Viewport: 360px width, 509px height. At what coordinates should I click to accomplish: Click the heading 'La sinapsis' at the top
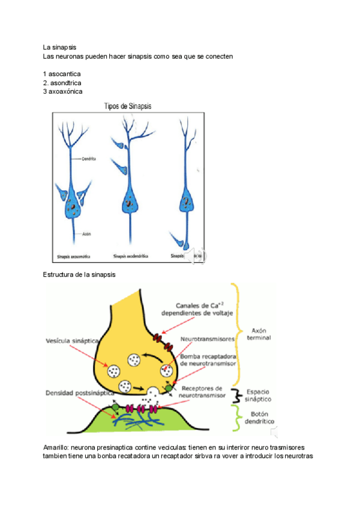[59, 47]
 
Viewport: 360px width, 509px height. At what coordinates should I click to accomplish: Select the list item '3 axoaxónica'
[63, 91]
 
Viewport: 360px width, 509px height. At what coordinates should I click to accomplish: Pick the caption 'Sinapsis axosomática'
[74, 256]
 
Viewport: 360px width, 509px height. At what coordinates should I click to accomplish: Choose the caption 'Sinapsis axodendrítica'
[131, 256]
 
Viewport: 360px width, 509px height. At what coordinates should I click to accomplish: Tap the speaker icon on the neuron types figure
[195, 256]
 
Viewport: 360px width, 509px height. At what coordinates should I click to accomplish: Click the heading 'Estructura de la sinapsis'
[79, 274]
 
